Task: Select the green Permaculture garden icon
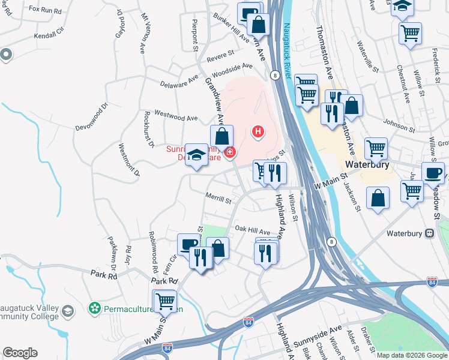pyautogui.click(x=94, y=308)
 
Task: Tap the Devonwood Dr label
pyautogui.click(x=91, y=118)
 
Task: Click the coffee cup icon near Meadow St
pyautogui.click(x=433, y=173)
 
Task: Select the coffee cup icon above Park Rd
pyautogui.click(x=188, y=244)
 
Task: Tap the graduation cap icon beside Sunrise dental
pyautogui.click(x=196, y=155)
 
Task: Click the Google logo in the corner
pyautogui.click(x=20, y=353)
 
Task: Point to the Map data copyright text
pyautogui.click(x=412, y=355)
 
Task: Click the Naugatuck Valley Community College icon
pyautogui.click(x=68, y=310)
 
